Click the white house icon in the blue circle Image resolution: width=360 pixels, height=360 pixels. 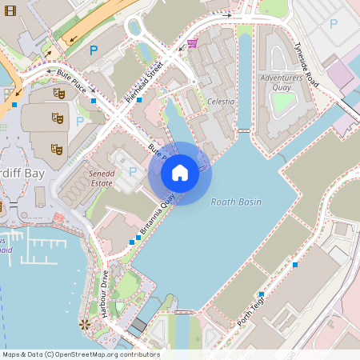(180, 173)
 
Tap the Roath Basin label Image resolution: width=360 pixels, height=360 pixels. (236, 202)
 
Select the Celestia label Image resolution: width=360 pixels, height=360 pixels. (220, 102)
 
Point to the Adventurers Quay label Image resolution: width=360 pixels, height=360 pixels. (282, 82)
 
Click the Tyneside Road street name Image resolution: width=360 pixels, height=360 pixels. (306, 65)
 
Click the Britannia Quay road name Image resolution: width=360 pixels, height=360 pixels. (158, 216)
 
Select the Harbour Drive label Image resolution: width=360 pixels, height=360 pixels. (104, 294)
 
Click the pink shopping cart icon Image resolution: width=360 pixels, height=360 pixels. (192, 43)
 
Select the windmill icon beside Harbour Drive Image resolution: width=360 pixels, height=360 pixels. (84, 324)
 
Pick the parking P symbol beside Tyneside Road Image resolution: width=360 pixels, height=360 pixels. (333, 24)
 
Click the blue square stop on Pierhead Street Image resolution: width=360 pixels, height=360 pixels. (139, 100)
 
